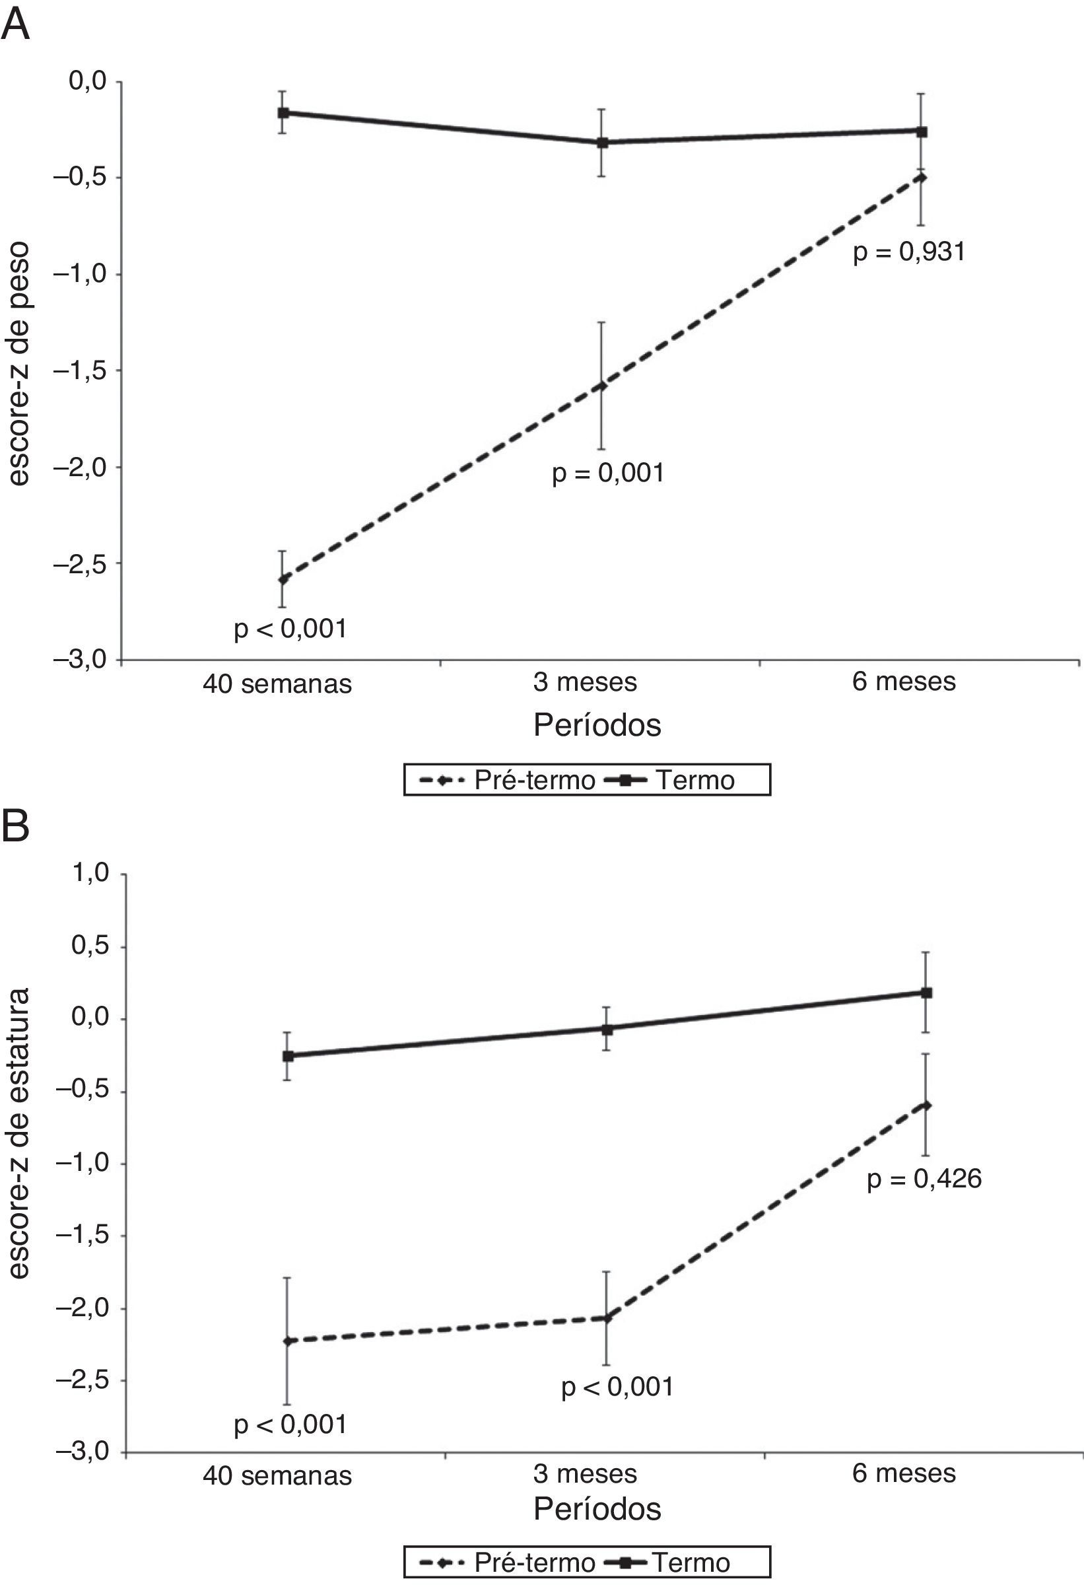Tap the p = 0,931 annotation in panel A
(x=909, y=252)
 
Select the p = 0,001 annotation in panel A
(x=607, y=473)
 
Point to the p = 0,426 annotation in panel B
(x=924, y=702)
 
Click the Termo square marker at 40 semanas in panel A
(x=283, y=112)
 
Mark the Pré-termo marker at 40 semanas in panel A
(x=283, y=579)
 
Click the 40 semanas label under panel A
(x=277, y=684)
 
